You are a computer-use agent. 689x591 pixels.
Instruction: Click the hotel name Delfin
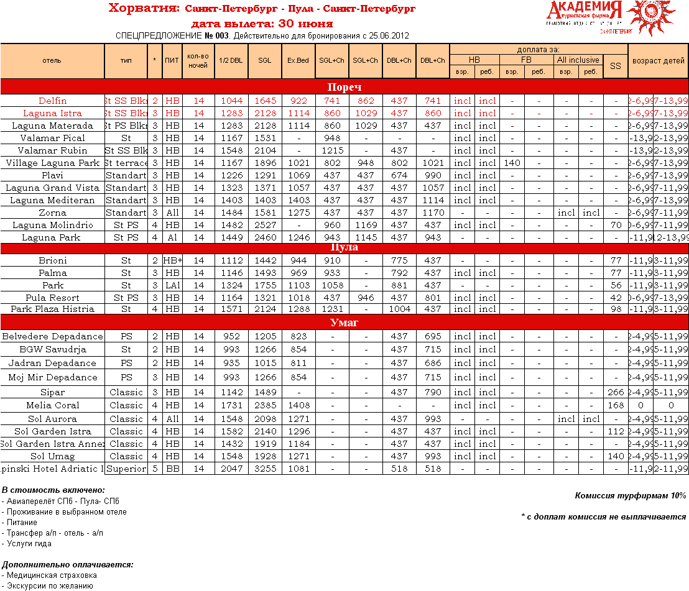click(x=52, y=101)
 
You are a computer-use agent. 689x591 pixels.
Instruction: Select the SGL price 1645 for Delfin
click(x=265, y=101)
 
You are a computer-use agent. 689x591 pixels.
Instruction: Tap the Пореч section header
click(x=344, y=87)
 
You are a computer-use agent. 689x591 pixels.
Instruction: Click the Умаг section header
click(x=344, y=323)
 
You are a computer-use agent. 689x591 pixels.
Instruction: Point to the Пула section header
click(x=344, y=247)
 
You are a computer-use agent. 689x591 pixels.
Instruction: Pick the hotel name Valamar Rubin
click(x=52, y=150)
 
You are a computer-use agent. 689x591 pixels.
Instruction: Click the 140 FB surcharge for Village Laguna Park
click(x=512, y=163)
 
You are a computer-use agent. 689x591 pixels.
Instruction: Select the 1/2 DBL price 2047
click(x=231, y=469)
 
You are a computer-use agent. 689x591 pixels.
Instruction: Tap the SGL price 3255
click(x=265, y=469)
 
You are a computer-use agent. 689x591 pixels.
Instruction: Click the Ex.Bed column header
click(x=298, y=60)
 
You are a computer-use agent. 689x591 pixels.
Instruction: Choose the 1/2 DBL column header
click(x=231, y=60)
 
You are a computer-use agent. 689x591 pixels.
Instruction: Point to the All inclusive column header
click(x=578, y=60)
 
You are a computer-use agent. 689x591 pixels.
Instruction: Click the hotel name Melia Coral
click(x=52, y=405)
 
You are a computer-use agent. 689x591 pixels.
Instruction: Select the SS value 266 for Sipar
click(x=615, y=392)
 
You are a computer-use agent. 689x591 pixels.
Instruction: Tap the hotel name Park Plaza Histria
click(x=52, y=309)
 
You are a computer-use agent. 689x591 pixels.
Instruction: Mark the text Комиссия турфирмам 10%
click(x=631, y=495)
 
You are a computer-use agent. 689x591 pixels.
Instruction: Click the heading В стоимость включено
click(x=53, y=490)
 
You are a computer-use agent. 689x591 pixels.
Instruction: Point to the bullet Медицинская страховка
click(x=52, y=575)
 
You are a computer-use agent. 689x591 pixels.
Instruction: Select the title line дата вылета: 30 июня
click(x=261, y=24)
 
